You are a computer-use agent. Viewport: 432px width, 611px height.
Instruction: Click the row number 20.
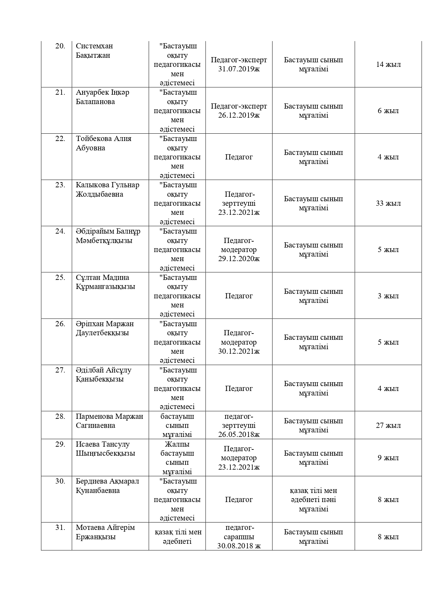click(60, 46)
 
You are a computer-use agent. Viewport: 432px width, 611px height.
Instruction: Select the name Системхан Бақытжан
click(94, 51)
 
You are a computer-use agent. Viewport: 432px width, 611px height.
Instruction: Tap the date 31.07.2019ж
click(239, 69)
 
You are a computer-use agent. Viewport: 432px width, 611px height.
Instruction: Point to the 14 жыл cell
click(388, 64)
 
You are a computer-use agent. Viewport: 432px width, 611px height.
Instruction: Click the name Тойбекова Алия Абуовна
click(104, 143)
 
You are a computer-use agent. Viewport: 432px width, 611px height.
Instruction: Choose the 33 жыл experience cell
click(388, 203)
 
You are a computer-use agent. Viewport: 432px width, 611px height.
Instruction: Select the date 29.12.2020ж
click(239, 259)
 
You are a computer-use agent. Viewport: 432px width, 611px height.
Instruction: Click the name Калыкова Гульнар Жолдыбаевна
click(107, 189)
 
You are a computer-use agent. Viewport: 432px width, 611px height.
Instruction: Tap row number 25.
click(60, 277)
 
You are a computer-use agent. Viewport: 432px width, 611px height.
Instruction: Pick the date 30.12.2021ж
click(239, 351)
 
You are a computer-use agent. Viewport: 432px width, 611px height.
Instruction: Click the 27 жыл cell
click(388, 425)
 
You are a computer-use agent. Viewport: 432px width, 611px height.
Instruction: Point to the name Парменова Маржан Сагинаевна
click(109, 421)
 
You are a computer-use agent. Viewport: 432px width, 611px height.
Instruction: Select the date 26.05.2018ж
click(239, 434)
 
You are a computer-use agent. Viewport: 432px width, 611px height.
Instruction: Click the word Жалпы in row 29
click(177, 444)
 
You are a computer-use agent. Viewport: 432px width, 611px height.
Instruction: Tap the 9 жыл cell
click(388, 458)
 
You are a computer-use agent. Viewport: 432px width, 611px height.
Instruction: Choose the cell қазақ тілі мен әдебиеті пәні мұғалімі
click(313, 500)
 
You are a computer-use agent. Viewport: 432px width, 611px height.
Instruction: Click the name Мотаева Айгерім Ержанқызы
click(105, 532)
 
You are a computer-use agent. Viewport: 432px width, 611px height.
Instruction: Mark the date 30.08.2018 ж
click(239, 546)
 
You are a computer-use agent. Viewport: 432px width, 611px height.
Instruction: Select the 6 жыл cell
click(388, 111)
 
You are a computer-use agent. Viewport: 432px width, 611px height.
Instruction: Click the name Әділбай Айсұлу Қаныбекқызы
click(103, 375)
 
